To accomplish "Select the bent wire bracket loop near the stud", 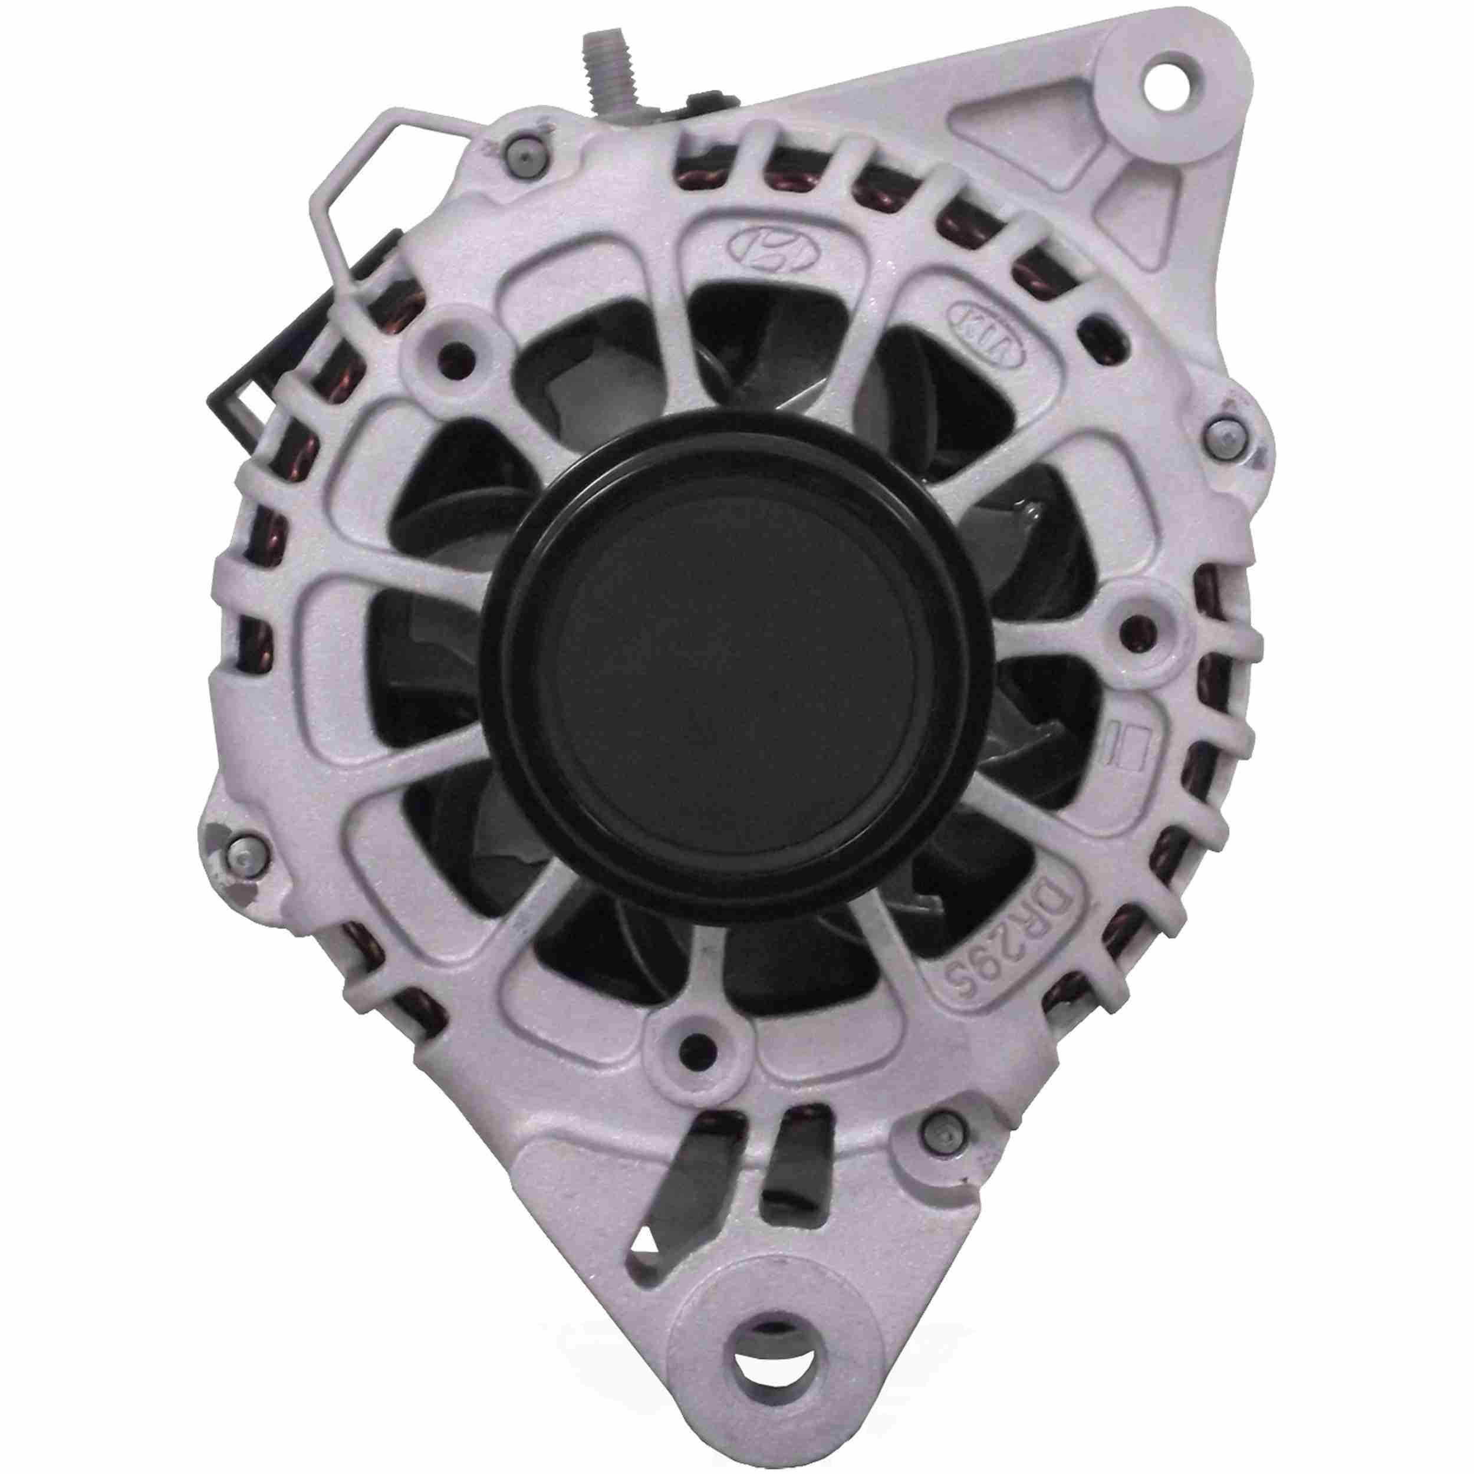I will coord(358,190).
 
